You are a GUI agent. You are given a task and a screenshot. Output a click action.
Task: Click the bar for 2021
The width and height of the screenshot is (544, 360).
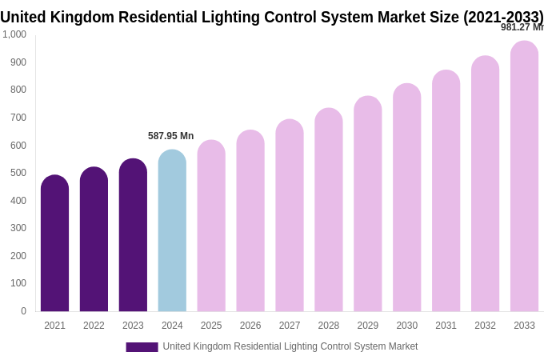[54, 243]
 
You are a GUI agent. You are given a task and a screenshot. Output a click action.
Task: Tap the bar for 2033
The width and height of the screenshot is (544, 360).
[524, 176]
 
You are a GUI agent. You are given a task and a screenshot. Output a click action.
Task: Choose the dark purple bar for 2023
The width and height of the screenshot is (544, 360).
[133, 235]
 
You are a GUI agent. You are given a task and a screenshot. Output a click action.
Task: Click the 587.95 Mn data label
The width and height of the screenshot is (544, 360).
[170, 136]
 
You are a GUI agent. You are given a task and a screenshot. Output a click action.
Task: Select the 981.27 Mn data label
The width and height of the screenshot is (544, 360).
[522, 27]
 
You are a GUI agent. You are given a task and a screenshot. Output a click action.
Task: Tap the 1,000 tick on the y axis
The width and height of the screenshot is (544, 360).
[14, 34]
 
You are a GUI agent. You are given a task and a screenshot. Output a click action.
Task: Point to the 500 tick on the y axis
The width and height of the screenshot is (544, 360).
[18, 173]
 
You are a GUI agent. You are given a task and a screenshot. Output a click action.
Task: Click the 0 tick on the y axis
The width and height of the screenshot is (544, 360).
[23, 311]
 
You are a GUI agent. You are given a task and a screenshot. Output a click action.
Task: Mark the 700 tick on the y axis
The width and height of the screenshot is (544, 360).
[18, 118]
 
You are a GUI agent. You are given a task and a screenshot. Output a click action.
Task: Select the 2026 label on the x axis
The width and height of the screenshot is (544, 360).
[250, 326]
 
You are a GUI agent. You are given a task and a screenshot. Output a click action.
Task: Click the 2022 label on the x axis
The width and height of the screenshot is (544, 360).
[94, 326]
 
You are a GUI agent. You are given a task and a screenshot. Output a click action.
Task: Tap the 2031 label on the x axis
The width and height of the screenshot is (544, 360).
[446, 326]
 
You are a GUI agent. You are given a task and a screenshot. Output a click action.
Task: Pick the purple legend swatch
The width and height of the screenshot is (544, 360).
[142, 347]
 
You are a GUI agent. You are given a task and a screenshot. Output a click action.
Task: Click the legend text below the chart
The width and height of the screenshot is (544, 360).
[290, 346]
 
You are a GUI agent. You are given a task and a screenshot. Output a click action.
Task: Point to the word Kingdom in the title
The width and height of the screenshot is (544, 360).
[81, 17]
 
